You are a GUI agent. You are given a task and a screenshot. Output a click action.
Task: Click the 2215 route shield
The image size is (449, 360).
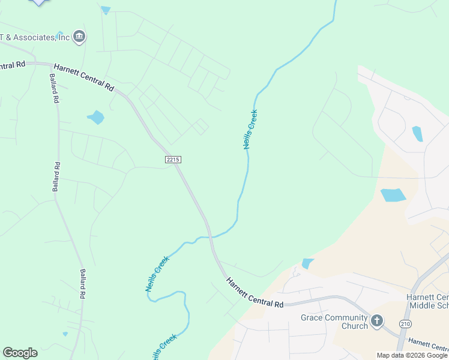[x=172, y=160]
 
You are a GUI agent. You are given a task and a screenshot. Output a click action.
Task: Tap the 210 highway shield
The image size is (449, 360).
[x=406, y=324]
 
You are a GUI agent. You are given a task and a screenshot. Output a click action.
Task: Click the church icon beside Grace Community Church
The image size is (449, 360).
[x=376, y=321]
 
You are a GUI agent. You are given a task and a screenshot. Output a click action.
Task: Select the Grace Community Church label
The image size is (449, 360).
[x=334, y=322]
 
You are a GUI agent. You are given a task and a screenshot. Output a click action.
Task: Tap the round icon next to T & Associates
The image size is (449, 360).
[x=79, y=37]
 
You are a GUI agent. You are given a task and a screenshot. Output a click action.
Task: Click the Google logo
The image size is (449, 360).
[x=20, y=352]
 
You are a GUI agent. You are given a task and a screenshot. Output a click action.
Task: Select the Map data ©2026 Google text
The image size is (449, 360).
[x=412, y=355]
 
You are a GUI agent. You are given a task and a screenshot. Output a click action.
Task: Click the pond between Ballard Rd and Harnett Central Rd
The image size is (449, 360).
[x=96, y=117]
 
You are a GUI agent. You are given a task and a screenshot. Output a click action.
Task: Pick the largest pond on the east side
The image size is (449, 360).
[x=393, y=195]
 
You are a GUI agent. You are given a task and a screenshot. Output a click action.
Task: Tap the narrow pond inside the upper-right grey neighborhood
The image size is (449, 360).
[x=417, y=133]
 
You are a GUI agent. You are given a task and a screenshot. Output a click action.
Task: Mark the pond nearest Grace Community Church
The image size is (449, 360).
[x=308, y=263]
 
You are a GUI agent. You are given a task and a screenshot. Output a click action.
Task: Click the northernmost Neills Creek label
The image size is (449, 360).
[x=251, y=129]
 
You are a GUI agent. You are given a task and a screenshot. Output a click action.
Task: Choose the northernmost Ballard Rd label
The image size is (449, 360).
[x=54, y=89]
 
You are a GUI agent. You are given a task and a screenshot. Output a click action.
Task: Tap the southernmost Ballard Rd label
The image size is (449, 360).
[x=83, y=283]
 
